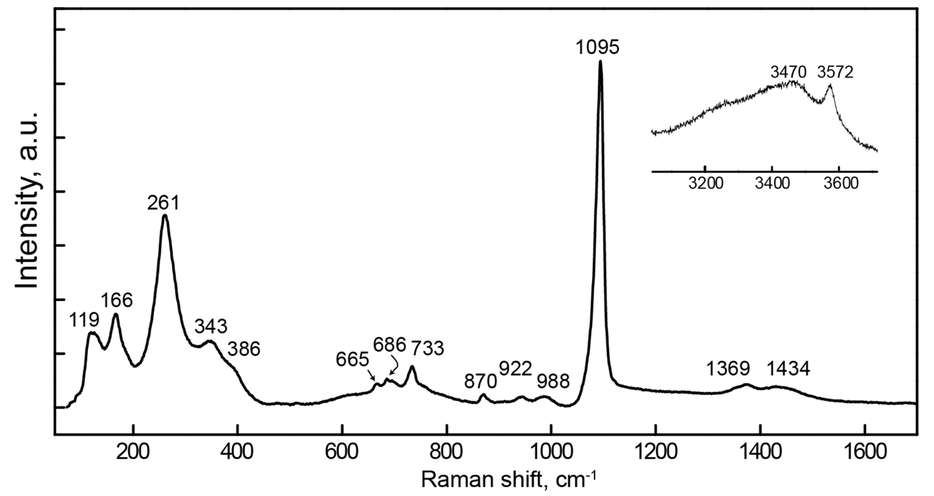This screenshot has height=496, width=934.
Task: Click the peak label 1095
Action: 597,47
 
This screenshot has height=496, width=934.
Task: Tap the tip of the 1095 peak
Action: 600,62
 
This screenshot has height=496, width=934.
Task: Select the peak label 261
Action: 163,203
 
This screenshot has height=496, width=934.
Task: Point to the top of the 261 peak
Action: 165,216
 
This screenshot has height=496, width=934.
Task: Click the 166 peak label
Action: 117,301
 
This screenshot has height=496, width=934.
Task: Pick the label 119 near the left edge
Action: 84,320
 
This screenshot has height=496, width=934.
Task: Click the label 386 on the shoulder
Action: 244,349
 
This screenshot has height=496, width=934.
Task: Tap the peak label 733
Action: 428,348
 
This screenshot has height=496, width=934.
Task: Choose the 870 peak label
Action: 480,381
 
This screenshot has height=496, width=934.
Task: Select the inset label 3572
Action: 835,72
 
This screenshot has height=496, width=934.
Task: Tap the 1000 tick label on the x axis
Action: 551,453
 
